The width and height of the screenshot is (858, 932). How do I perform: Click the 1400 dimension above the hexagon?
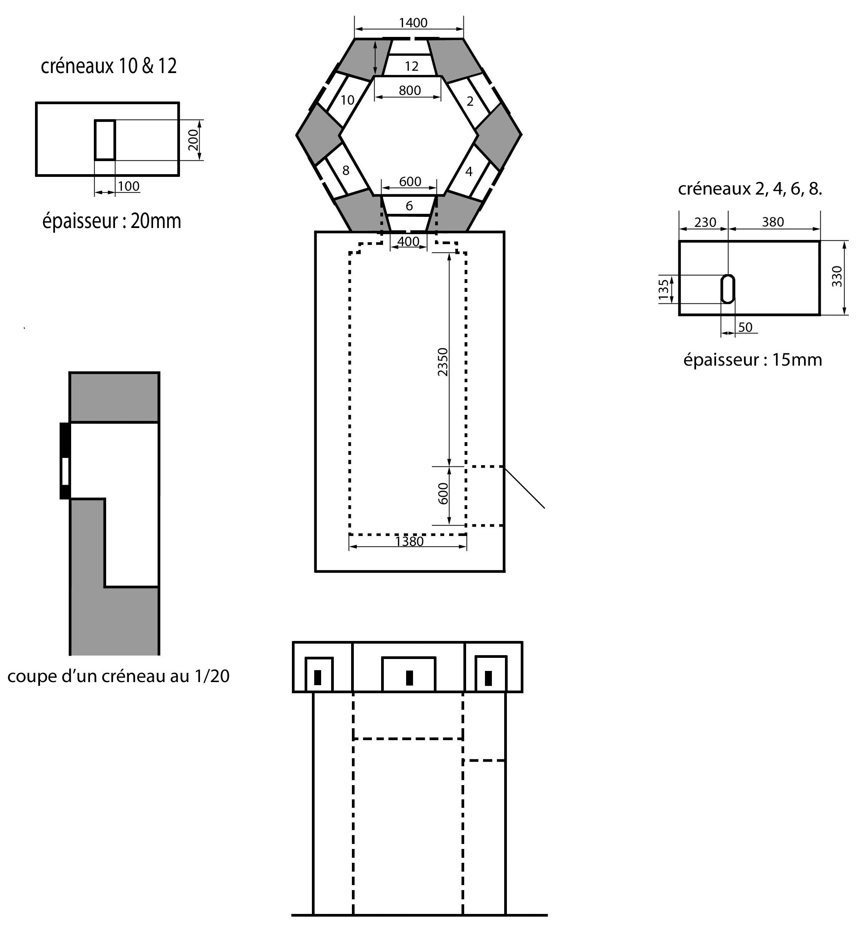point(413,23)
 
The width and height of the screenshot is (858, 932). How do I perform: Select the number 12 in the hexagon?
point(412,67)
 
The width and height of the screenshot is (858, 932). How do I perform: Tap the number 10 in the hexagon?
point(347,100)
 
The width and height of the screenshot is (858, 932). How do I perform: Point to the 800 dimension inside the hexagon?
point(410,90)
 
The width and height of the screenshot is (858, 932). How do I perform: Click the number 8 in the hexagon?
point(345,171)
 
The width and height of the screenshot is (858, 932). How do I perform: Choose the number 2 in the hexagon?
point(470,101)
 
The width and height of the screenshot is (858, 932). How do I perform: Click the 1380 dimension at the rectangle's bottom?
point(409,542)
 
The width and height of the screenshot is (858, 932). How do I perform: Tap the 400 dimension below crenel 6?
point(408,241)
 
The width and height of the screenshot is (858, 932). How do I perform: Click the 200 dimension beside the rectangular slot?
point(193,140)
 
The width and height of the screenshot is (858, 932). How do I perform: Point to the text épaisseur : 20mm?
point(112,221)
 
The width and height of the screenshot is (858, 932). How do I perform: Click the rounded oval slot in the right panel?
point(728,289)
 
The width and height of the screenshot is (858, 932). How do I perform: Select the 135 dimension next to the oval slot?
point(664,289)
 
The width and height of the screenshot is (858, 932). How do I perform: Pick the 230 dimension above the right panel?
point(705,223)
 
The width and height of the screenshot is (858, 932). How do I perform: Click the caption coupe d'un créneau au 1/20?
point(118,676)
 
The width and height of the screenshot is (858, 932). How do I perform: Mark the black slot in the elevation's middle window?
point(409,677)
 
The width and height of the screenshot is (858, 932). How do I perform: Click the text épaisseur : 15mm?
point(752,360)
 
